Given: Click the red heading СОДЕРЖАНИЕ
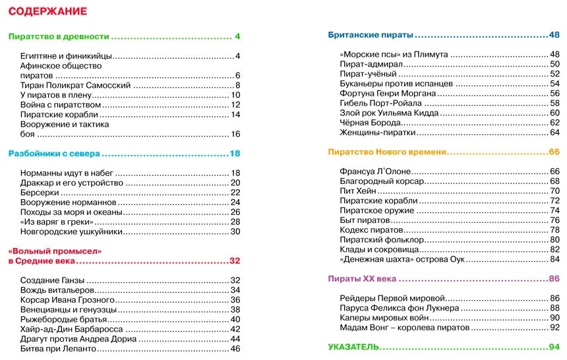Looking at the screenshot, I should pyautogui.click(x=47, y=12).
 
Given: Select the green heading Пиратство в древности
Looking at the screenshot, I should pyautogui.click(x=58, y=36).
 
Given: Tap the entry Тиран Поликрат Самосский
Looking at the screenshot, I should pyautogui.click(x=76, y=85).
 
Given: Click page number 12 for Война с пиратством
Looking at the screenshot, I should pyautogui.click(x=235, y=105).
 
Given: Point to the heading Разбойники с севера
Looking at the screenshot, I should pyautogui.click(x=53, y=154).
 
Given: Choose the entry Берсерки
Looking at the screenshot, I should pyautogui.click(x=40, y=193).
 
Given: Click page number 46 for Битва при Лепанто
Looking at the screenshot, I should pyautogui.click(x=235, y=348).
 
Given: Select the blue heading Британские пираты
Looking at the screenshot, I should pyautogui.click(x=371, y=35).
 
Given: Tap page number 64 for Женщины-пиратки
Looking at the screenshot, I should pyautogui.click(x=554, y=133).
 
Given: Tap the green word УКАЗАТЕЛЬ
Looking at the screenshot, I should pyautogui.click(x=354, y=347).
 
